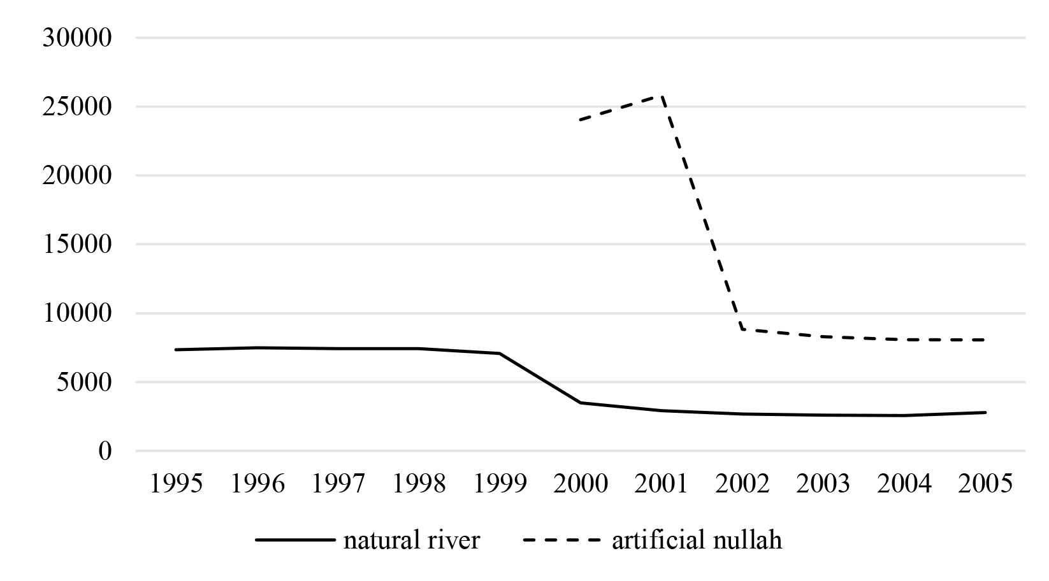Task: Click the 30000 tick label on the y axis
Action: click(x=77, y=38)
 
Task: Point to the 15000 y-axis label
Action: click(x=77, y=245)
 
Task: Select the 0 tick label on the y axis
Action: click(x=105, y=452)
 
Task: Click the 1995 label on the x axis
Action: click(x=175, y=484)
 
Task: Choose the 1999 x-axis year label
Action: click(x=500, y=484)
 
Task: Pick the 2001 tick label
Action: click(x=662, y=484)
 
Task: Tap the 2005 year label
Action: click(x=985, y=484)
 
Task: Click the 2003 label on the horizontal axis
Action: click(x=823, y=484)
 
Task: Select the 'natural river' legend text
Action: click(x=411, y=541)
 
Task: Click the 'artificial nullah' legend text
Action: click(x=697, y=541)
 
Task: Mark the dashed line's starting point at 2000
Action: click(x=581, y=120)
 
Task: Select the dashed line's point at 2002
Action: click(x=742, y=329)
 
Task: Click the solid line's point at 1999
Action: click(x=500, y=354)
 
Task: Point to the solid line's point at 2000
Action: click(x=581, y=403)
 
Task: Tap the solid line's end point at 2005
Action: click(x=985, y=412)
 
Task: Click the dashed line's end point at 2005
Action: click(x=985, y=340)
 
